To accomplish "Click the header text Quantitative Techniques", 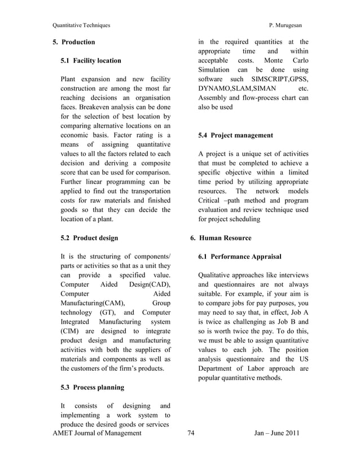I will (x=81, y=25).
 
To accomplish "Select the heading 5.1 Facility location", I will (x=90, y=60).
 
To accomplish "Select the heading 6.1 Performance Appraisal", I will (x=240, y=257).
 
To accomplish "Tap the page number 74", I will (x=190, y=433).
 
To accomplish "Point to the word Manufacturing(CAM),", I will (x=92, y=303).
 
